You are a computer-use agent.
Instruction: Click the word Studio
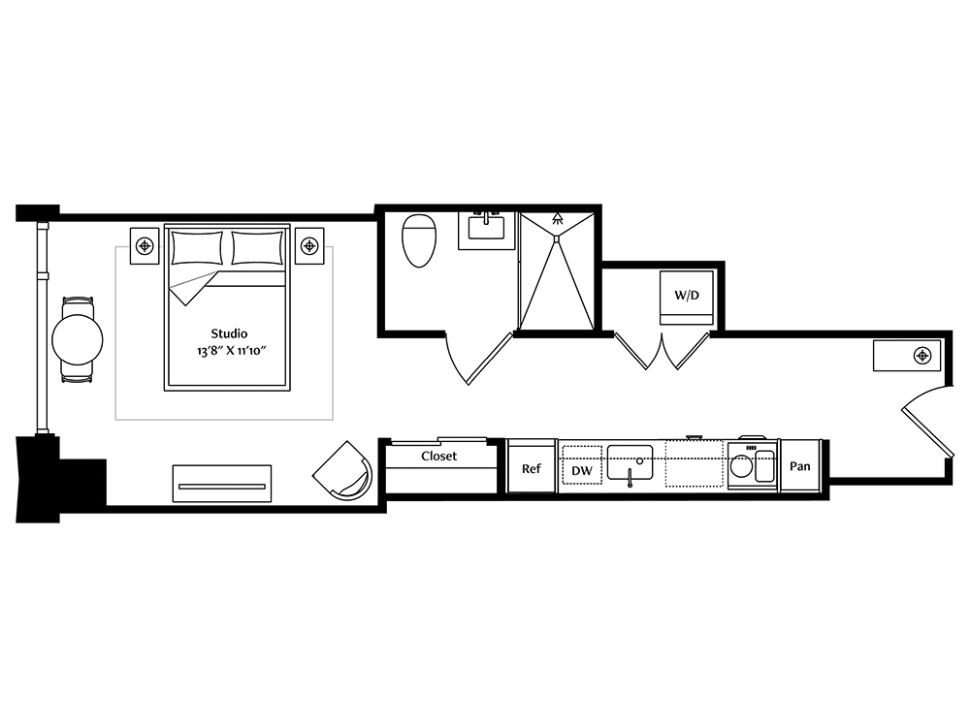pos(229,333)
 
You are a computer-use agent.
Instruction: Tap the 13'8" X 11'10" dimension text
pos(232,351)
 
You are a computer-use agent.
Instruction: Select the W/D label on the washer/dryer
pos(687,296)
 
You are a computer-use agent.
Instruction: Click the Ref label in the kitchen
pos(532,468)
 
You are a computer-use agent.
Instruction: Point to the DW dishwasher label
pos(581,471)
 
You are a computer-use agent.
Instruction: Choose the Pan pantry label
pos(800,466)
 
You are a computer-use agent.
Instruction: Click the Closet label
pos(438,457)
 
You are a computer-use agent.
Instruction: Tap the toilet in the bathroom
pos(419,240)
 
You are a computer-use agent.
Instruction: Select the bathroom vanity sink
pos(486,228)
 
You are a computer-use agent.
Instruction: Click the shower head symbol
pos(558,217)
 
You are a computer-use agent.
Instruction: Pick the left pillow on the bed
pos(197,248)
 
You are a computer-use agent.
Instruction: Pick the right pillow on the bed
pos(257,248)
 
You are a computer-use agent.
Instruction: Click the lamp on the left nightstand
pos(145,246)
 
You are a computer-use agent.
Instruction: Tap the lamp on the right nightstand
pos(308,246)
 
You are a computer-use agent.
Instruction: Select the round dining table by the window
pos(78,339)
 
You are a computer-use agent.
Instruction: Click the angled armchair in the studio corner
pos(343,471)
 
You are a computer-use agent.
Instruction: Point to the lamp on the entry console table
pos(922,356)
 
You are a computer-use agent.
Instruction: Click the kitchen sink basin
pos(630,462)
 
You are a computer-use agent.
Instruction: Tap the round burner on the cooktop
pos(741,465)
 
